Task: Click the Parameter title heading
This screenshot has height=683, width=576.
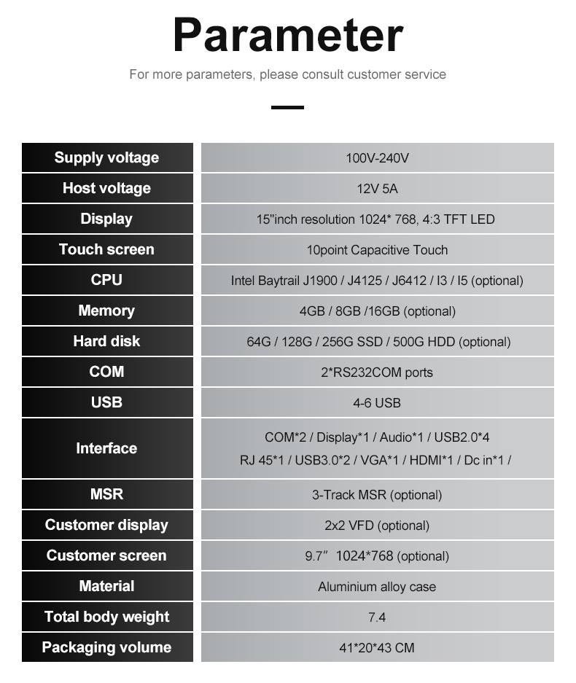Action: (288, 35)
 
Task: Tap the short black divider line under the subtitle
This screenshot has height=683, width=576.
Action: (287, 107)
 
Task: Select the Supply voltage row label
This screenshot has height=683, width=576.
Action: (106, 157)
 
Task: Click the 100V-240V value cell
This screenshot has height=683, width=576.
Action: (378, 157)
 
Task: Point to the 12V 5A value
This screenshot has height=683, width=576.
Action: (378, 189)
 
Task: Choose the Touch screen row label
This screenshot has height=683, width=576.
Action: (106, 249)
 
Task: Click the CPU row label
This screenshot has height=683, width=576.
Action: (106, 280)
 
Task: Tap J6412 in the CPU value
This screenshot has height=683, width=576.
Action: (409, 281)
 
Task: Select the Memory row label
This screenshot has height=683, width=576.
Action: (106, 311)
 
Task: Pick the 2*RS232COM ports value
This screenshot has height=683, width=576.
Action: (377, 372)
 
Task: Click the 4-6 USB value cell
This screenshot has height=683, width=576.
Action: (378, 402)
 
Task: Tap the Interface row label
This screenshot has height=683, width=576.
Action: (106, 448)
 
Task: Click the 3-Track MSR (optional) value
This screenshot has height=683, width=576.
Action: (377, 495)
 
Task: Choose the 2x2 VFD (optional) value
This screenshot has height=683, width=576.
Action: (377, 526)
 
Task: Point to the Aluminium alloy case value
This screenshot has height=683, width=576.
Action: (377, 587)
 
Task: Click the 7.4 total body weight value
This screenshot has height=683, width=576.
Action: (377, 617)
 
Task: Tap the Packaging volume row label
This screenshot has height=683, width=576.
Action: (106, 647)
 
